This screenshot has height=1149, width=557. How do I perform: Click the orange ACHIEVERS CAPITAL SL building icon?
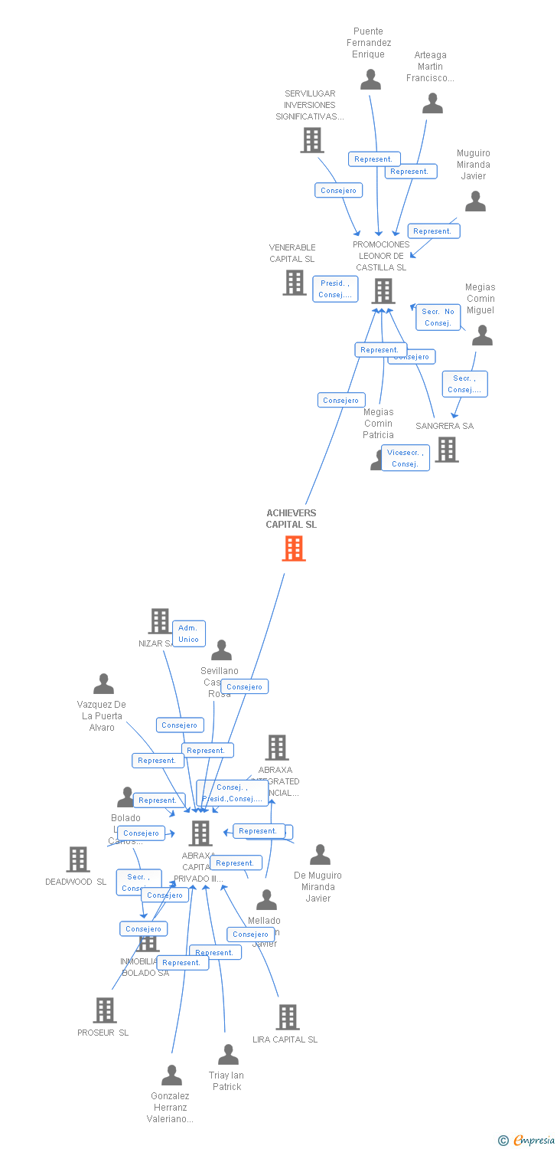[x=294, y=548]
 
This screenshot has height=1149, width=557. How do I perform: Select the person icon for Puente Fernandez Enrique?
[x=371, y=79]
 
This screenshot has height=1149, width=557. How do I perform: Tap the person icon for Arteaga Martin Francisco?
[x=432, y=103]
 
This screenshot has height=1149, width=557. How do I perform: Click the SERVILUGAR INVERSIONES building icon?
[x=311, y=140]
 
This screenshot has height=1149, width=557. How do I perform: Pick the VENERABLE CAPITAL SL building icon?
[x=295, y=283]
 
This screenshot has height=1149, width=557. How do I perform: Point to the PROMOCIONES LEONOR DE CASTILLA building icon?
[x=383, y=291]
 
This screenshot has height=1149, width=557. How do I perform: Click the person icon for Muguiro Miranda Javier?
[x=475, y=201]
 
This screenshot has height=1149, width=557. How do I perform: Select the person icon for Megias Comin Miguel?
[x=482, y=335]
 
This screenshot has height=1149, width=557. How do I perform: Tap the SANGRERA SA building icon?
[x=447, y=450]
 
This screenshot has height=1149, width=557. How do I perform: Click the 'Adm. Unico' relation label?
[x=188, y=633]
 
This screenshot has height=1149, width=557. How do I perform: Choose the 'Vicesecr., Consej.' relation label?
[x=405, y=458]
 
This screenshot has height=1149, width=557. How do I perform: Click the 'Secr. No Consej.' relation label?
[x=438, y=317]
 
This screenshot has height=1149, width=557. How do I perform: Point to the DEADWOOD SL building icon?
[x=78, y=859]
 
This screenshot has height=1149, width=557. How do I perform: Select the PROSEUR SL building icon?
[x=105, y=1010]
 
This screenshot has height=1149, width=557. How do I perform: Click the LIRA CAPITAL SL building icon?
[x=287, y=1017]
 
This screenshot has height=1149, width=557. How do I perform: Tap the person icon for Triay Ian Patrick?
[x=228, y=1055]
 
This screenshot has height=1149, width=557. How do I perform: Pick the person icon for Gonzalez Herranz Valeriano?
[x=171, y=1075]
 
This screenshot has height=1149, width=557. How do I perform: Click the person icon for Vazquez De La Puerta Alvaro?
[x=103, y=683]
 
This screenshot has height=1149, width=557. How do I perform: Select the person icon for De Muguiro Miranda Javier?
[x=320, y=854]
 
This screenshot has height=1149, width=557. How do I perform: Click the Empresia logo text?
[x=533, y=1141]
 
